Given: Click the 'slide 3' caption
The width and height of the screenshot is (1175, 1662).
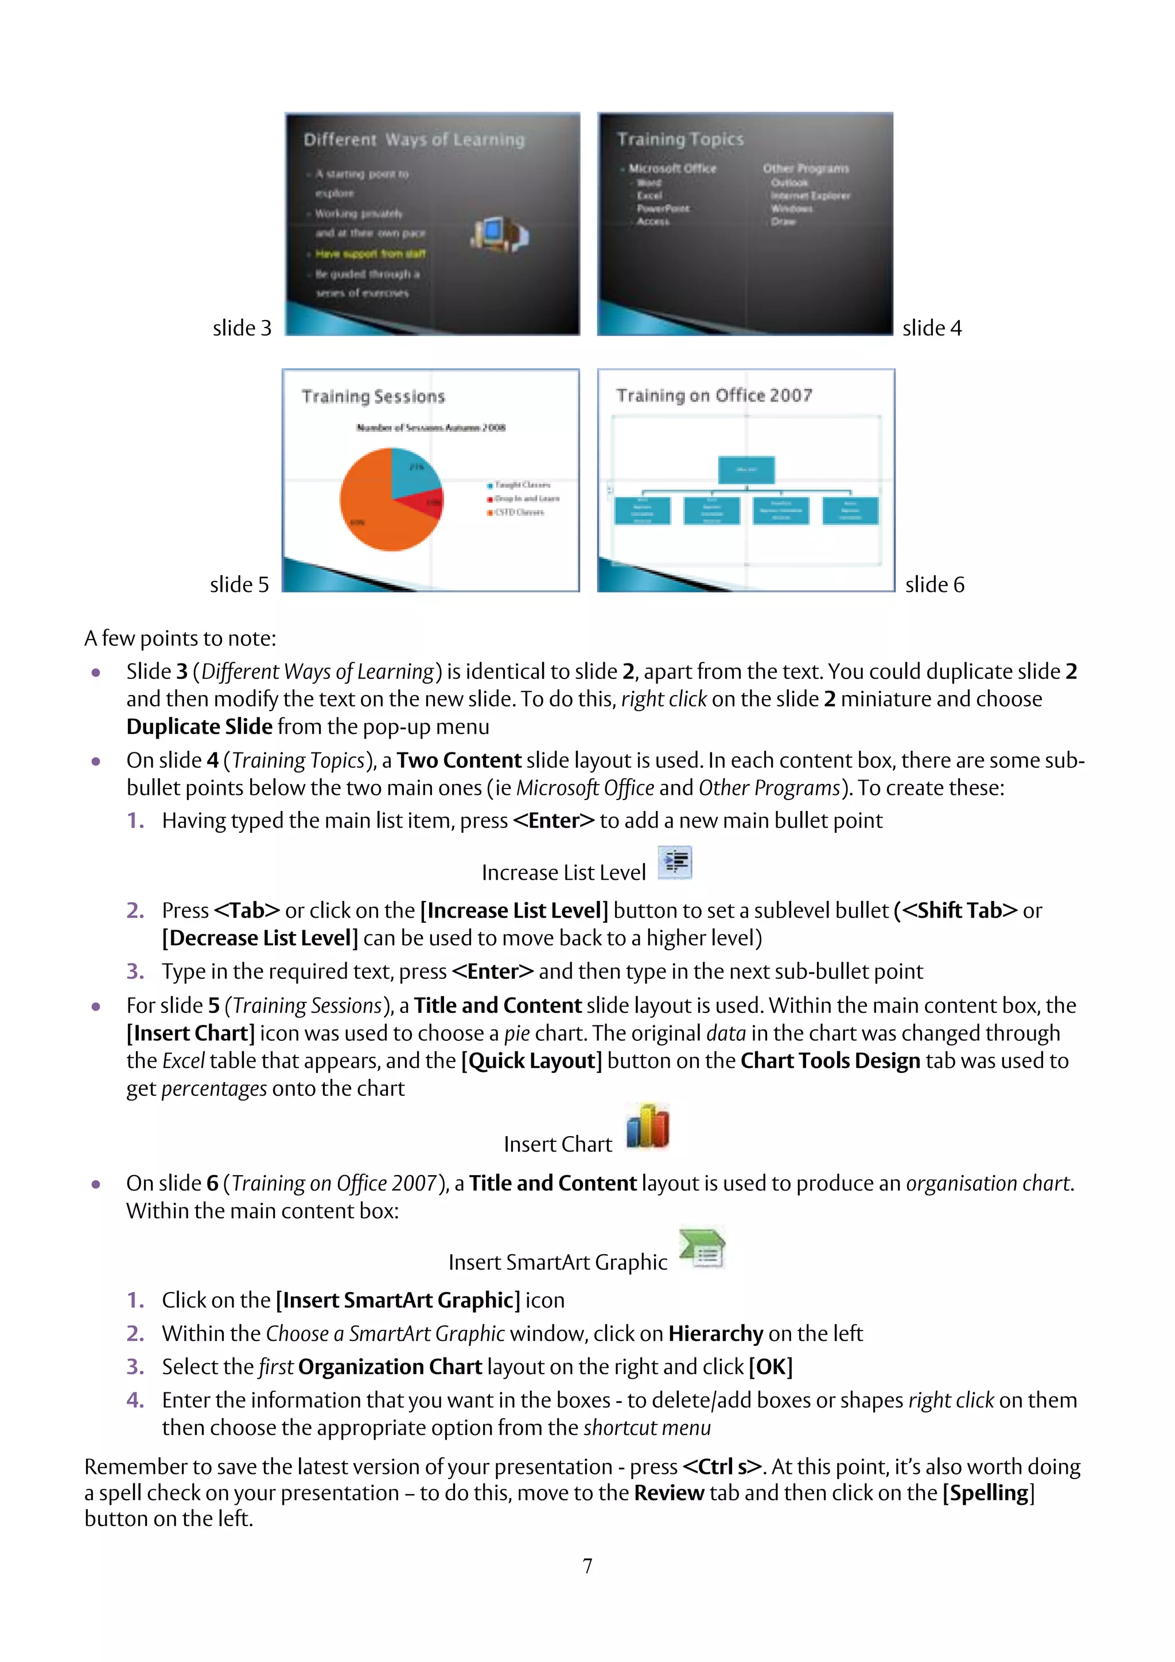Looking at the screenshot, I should (x=242, y=328).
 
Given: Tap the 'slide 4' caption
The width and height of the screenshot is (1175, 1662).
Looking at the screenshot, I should (x=932, y=328).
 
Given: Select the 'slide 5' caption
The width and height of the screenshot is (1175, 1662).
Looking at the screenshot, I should (x=239, y=584).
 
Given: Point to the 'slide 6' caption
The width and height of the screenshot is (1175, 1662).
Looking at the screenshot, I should (x=935, y=584).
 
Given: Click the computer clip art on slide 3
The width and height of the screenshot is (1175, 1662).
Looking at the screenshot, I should (x=500, y=234).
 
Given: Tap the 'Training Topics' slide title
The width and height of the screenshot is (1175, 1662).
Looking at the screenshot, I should (x=680, y=138).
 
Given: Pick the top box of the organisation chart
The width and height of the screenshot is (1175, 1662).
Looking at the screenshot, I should (x=746, y=469).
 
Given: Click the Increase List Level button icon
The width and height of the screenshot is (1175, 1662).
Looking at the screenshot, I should (x=675, y=862).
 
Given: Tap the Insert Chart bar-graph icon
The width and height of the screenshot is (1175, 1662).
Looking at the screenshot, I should (x=647, y=1126).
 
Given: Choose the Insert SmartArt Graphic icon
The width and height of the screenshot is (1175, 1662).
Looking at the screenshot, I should (x=702, y=1248).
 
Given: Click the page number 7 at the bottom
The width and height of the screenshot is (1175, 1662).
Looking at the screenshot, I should (x=587, y=1566).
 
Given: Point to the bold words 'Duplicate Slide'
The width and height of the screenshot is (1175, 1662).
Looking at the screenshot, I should (x=199, y=726).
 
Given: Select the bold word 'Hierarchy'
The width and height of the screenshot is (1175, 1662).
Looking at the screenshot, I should (x=715, y=1333).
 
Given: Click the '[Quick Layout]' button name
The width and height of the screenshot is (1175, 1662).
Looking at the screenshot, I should (x=531, y=1060).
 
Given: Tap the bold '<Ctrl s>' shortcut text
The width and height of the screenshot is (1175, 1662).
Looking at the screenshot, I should (x=722, y=1466).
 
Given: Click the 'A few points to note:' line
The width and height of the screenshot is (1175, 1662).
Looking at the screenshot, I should (x=180, y=638).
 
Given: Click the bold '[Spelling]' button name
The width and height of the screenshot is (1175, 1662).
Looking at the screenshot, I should (x=988, y=1493).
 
